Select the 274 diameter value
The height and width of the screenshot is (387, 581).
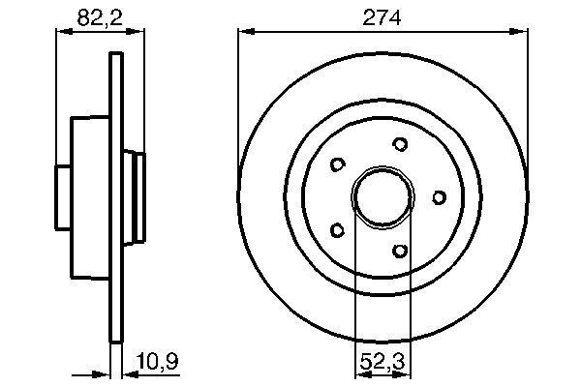point(382,15)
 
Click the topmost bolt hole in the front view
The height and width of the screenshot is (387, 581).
point(399,144)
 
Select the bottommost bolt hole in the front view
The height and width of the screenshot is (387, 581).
point(399,252)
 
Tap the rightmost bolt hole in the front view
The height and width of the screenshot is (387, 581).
point(439,197)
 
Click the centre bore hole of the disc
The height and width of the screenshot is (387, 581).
point(382,197)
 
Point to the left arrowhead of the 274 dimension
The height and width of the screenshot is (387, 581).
point(244,32)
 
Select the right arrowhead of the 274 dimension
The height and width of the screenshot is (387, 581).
point(522,32)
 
